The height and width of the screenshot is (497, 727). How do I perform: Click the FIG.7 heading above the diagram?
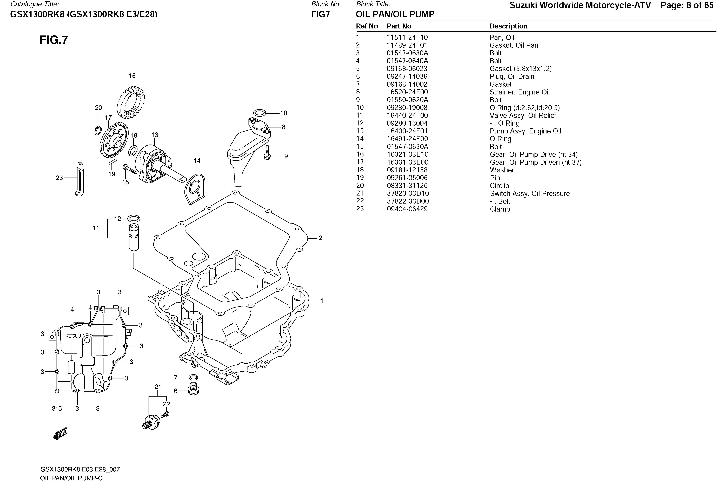point(54,40)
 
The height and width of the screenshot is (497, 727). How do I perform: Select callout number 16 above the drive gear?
point(132,76)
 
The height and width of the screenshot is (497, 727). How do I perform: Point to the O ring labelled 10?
point(259,113)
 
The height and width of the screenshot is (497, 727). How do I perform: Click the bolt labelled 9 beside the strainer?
point(267,153)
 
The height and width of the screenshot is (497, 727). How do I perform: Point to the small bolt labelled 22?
point(165,415)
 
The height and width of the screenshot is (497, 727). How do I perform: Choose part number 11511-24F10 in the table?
point(407,38)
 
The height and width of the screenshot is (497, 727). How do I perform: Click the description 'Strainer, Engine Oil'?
point(519,92)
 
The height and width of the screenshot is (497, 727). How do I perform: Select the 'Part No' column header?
point(399,26)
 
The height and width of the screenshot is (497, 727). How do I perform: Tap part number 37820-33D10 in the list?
point(408,193)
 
